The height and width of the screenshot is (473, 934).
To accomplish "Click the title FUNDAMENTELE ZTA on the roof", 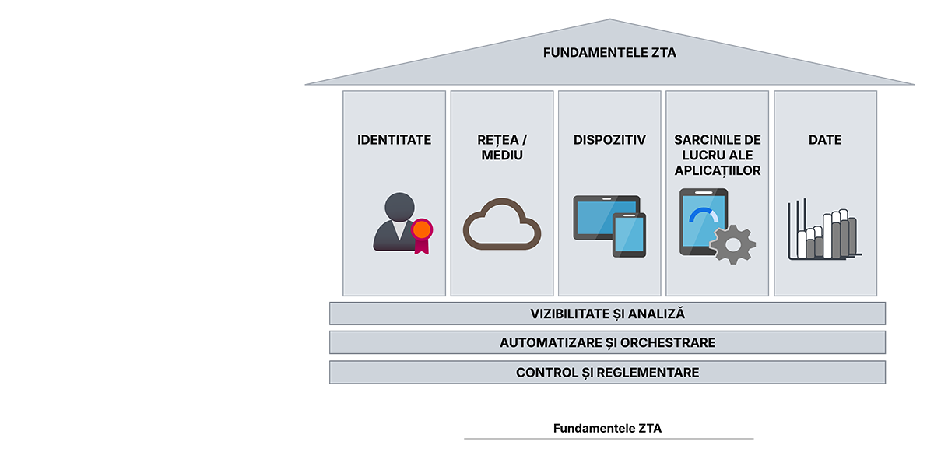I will coord(609,53).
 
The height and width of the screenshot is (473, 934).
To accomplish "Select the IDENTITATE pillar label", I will coord(394,140).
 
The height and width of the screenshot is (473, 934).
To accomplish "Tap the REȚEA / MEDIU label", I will coord(502,148).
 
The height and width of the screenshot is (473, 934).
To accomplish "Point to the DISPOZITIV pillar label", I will coord(609,140).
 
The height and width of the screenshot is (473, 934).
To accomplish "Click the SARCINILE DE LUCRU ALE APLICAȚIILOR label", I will coord(717,155).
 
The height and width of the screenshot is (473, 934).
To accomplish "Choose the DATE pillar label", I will coord(825,140).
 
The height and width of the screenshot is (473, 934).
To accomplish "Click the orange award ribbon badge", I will coord(421,230).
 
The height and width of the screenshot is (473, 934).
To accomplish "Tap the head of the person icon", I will coord(399,206).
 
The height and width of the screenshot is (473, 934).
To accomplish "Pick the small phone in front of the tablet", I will coord(629,235).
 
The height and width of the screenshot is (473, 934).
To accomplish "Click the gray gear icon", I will coord(733,244).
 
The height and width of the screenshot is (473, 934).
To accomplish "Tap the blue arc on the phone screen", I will coord(704,214).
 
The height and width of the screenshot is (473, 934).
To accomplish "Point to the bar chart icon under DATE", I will coord(823,232).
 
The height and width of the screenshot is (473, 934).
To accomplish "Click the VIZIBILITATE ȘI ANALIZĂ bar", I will coord(607,314).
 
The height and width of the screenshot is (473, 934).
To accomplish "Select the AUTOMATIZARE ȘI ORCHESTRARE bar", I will coord(607,343).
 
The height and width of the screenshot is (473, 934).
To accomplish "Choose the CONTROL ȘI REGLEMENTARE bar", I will coord(607,373).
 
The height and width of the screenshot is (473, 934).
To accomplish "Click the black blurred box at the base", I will coord(607,420).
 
